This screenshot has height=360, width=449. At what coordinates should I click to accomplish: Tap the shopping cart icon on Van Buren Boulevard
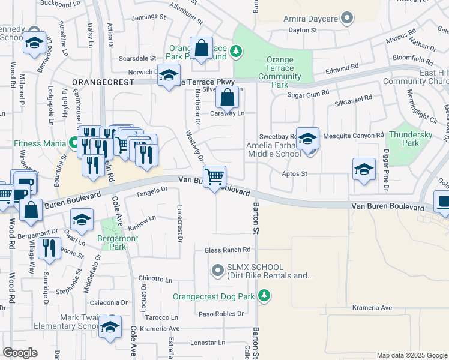click(214, 176)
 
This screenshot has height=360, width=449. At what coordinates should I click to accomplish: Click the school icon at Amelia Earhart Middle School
click(307, 139)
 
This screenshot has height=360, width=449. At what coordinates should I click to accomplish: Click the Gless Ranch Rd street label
click(227, 250)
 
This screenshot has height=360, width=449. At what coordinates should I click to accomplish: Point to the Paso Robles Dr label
click(221, 313)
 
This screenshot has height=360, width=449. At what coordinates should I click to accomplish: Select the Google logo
click(20, 353)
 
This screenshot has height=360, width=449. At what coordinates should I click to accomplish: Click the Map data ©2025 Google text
click(411, 355)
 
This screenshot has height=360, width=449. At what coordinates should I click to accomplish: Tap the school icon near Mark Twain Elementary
click(110, 327)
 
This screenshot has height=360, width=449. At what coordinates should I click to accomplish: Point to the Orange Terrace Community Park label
click(280, 73)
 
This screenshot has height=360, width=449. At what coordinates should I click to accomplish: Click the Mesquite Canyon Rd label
click(353, 136)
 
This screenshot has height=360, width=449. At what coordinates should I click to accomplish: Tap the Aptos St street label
click(295, 174)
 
